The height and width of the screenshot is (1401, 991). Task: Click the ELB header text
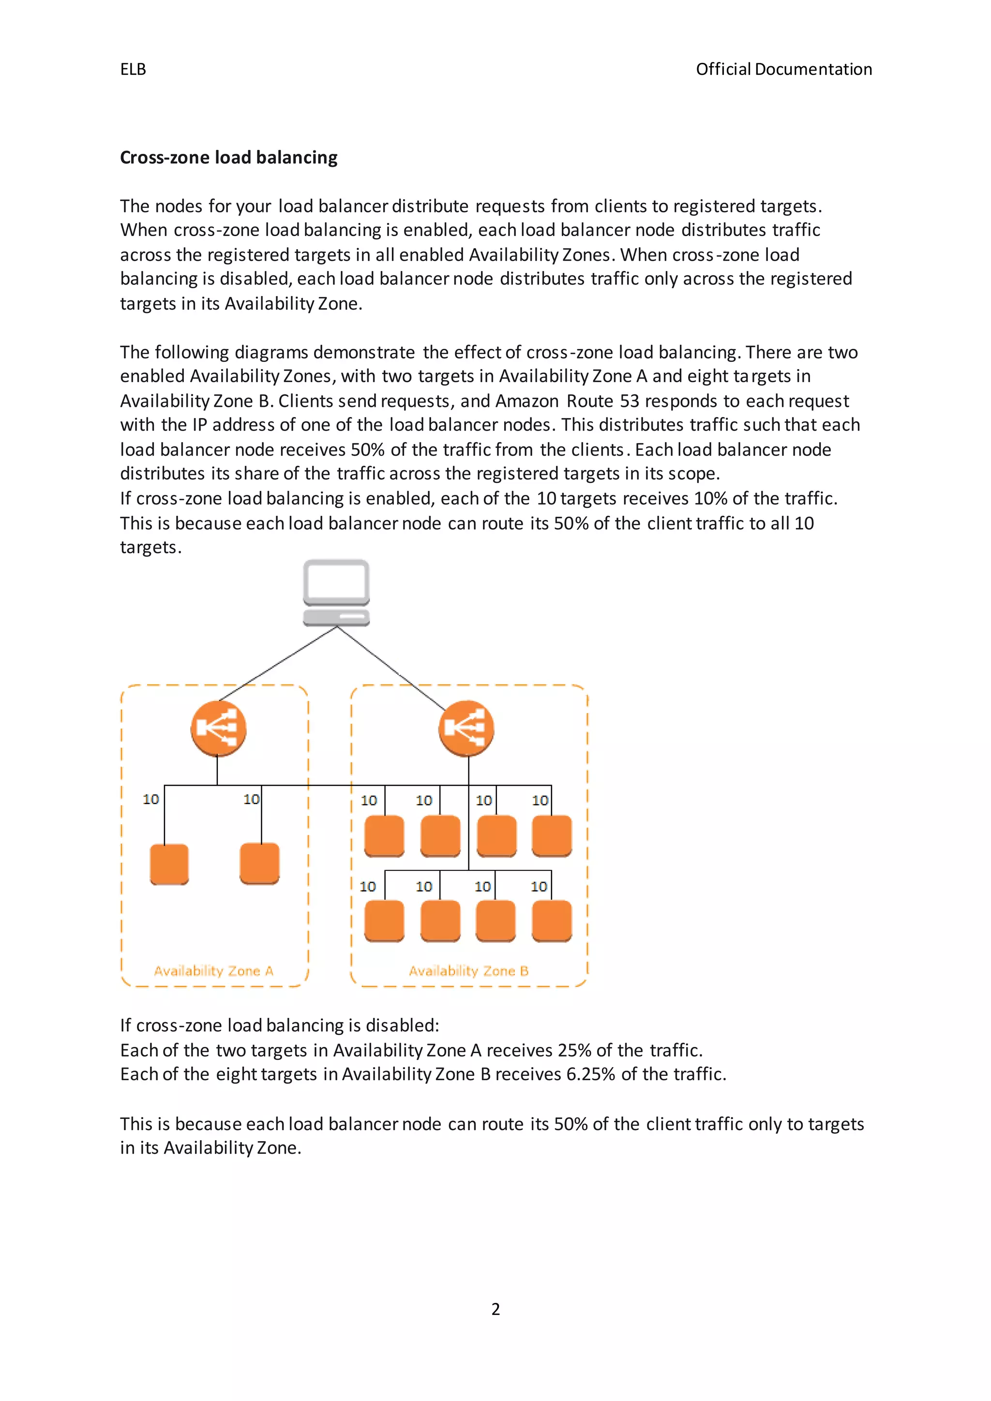pyautogui.click(x=133, y=70)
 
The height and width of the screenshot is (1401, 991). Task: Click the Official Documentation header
pyautogui.click(x=783, y=70)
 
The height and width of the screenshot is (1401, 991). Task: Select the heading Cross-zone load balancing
pyautogui.click(x=228, y=157)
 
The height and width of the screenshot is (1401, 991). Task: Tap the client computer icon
pyautogui.click(x=336, y=592)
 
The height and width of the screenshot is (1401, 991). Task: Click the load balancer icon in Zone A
pyautogui.click(x=218, y=728)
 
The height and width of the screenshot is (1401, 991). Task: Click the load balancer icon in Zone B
pyautogui.click(x=466, y=728)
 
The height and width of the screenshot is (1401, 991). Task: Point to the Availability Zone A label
pyautogui.click(x=213, y=971)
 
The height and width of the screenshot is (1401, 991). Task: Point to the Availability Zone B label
pyautogui.click(x=469, y=971)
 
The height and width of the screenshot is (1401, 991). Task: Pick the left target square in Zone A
pyautogui.click(x=169, y=864)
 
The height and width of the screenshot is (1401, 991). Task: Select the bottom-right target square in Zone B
pyautogui.click(x=552, y=921)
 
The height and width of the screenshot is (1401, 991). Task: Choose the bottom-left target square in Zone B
pyautogui.click(x=384, y=921)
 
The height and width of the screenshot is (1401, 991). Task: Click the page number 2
pyautogui.click(x=495, y=1310)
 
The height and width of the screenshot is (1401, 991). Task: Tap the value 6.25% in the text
pyautogui.click(x=590, y=1074)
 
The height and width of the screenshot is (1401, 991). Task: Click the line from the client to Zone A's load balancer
pyautogui.click(x=278, y=664)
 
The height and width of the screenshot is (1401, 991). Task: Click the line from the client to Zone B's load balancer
pyautogui.click(x=390, y=668)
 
